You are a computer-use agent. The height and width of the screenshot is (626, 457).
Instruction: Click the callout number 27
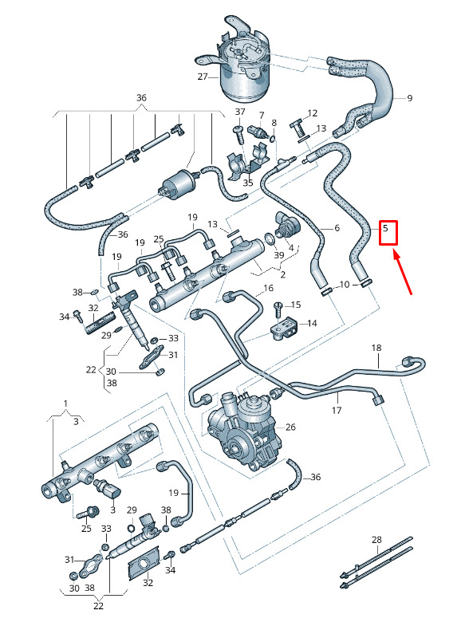click(x=203, y=77)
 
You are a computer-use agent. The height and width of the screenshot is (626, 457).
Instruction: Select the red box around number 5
click(x=388, y=233)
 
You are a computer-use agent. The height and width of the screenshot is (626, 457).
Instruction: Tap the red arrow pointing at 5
click(x=403, y=272)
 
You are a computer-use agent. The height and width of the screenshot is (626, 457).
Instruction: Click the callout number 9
click(x=409, y=98)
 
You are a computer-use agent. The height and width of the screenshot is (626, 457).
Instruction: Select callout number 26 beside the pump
click(x=290, y=427)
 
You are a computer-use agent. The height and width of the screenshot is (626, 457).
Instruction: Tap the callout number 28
click(x=376, y=540)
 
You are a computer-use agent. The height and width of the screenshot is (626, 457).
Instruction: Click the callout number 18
click(x=376, y=348)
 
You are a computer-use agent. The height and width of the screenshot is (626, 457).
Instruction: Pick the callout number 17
click(x=337, y=410)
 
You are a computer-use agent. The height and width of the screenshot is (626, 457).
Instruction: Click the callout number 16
click(x=269, y=288)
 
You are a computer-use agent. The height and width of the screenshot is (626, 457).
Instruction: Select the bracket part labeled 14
click(x=284, y=329)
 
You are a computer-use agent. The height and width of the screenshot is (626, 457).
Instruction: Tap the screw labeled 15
click(x=278, y=310)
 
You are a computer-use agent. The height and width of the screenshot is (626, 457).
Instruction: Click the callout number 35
click(x=248, y=183)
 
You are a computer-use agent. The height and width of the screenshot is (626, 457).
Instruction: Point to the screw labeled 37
click(x=239, y=135)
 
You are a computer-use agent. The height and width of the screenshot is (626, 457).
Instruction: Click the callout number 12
click(x=312, y=113)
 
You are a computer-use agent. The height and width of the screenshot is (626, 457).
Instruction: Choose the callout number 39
click(x=279, y=255)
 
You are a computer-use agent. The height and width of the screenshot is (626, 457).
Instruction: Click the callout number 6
click(x=337, y=228)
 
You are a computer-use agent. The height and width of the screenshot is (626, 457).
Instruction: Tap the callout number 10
click(x=344, y=285)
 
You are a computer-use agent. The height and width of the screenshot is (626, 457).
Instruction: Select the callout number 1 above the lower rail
click(x=66, y=404)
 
